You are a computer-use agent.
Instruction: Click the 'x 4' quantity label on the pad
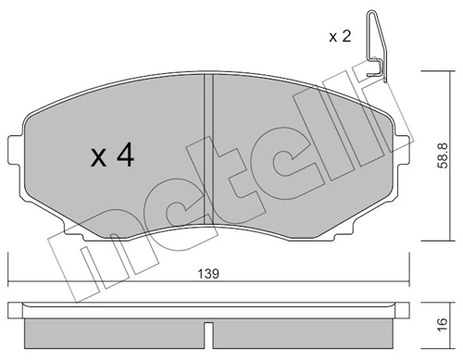[113, 155]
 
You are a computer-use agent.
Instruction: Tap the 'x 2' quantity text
[343, 37]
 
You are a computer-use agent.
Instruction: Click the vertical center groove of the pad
[206, 139]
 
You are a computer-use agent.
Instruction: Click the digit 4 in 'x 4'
[125, 155]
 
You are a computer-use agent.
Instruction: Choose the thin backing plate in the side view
[206, 305]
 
